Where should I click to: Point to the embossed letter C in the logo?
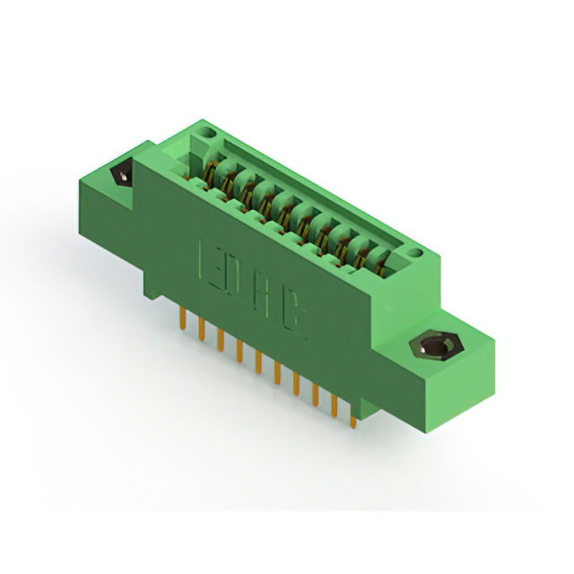[x=292, y=317]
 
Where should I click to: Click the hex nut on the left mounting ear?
[x=120, y=174]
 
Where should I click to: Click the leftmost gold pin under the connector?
[x=183, y=318]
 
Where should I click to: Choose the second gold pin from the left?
[x=201, y=328]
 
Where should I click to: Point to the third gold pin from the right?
[x=315, y=394]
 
